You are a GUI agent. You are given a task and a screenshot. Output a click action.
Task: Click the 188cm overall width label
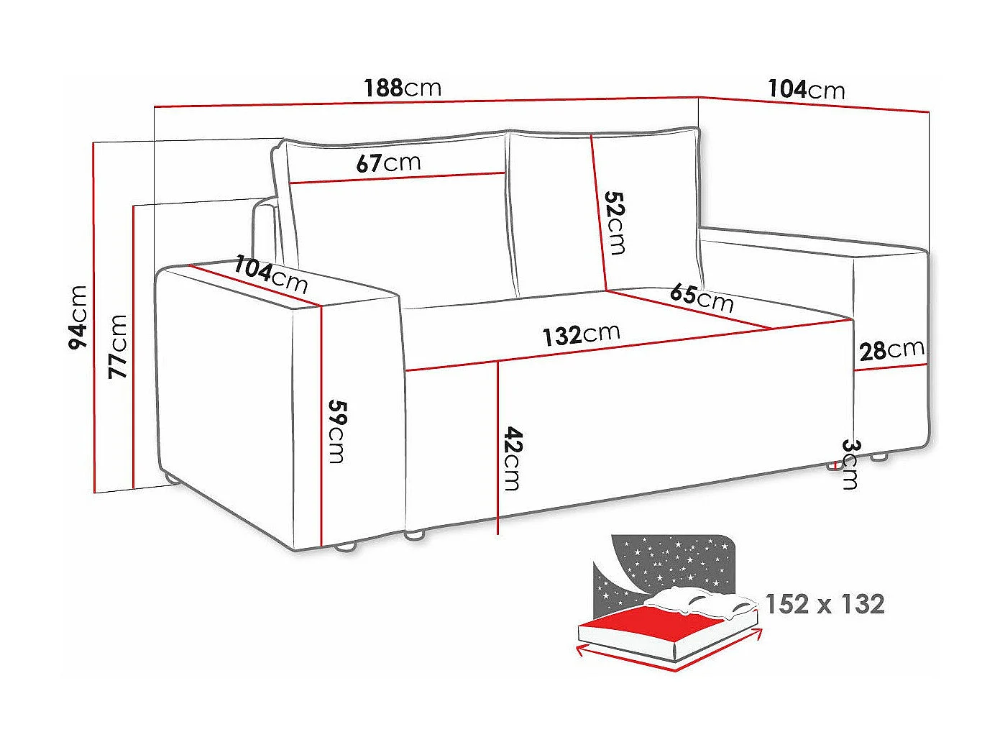pyautogui.click(x=403, y=88)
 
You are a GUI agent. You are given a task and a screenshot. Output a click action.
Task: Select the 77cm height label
pyautogui.click(x=117, y=346)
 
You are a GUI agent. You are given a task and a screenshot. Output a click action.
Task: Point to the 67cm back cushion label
pyautogui.click(x=388, y=163)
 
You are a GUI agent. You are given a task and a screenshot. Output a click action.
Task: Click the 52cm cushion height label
pyautogui.click(x=615, y=222)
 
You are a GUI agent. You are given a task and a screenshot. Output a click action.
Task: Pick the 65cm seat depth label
pyautogui.click(x=701, y=297)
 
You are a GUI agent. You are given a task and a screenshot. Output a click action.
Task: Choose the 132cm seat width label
pyautogui.click(x=581, y=334)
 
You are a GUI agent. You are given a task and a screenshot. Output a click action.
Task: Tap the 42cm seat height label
pyautogui.click(x=512, y=458)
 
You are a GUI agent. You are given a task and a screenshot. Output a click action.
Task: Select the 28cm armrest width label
pyautogui.click(x=891, y=350)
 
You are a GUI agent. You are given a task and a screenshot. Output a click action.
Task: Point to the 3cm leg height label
pyautogui.click(x=850, y=464)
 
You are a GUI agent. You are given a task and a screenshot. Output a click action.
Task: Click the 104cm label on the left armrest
pyautogui.click(x=271, y=275)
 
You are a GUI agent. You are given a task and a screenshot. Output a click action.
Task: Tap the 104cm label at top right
pyautogui.click(x=807, y=89)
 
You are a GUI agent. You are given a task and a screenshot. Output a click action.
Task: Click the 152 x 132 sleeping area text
pyautogui.click(x=825, y=604)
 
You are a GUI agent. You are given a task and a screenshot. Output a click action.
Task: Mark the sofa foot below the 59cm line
pyautogui.click(x=346, y=547)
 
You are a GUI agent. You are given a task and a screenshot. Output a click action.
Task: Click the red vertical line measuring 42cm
pyautogui.click(x=497, y=446)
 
